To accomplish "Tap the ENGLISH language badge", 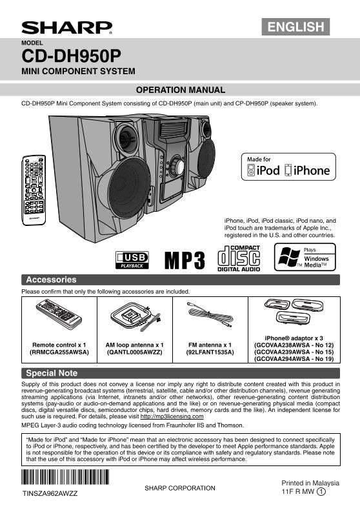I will [295, 26].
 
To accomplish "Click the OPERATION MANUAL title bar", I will [180, 90].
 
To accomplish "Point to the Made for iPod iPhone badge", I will [288, 167].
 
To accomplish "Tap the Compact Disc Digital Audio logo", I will [239, 259].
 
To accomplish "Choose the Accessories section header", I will [51, 280].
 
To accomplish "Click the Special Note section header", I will [52, 373].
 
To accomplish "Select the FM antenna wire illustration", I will [208, 315].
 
